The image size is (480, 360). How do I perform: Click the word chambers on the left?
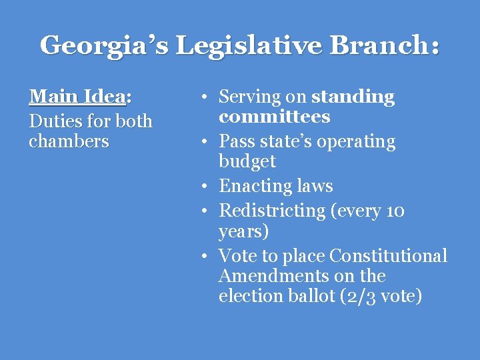pos(69,141)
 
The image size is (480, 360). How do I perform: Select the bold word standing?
pos(353,97)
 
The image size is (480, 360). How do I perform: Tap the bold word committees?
pos(274,117)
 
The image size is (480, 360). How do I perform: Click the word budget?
pos(247,161)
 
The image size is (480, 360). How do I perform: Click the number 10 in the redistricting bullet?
pos(395,211)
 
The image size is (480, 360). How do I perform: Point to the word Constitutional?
pos(388,256)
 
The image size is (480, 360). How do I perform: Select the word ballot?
pos(317,296)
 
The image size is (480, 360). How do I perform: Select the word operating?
pos(356,142)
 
